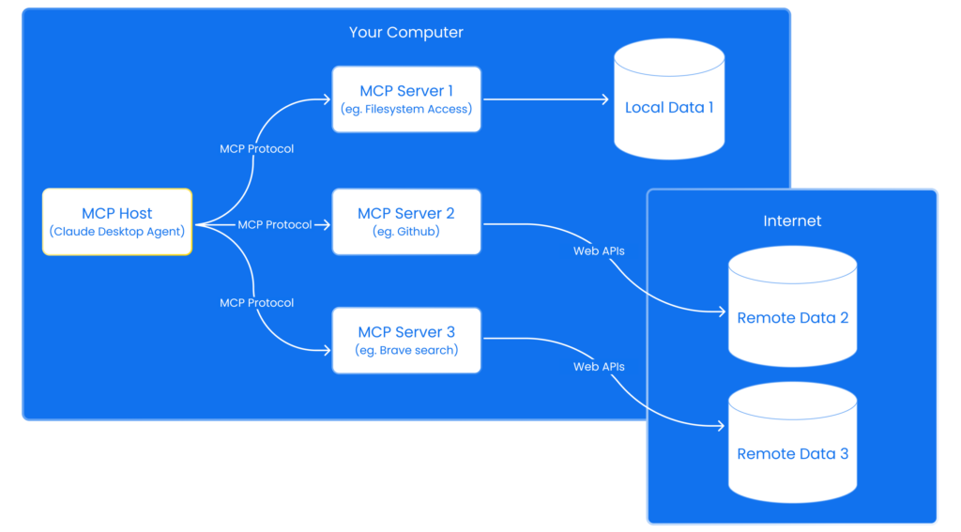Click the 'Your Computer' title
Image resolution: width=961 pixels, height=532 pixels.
click(x=406, y=32)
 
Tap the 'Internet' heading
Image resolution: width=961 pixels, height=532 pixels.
click(x=792, y=221)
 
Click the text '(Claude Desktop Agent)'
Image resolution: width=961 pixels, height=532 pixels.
click(x=116, y=232)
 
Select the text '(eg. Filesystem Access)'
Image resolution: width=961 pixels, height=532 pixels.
click(x=406, y=109)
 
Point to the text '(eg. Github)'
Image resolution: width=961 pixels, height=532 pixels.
click(x=406, y=231)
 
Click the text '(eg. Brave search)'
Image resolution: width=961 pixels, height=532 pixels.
click(x=406, y=350)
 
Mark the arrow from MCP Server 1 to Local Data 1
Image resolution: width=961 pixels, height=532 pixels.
click(x=544, y=99)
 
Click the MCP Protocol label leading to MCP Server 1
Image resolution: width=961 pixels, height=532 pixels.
click(x=256, y=149)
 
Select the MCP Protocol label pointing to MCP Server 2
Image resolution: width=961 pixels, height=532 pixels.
click(x=274, y=225)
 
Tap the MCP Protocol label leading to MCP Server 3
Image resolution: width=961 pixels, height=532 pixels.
click(x=256, y=303)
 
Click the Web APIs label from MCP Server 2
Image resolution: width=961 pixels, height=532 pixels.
click(x=599, y=251)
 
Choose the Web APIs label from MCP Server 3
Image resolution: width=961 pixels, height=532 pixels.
click(x=599, y=367)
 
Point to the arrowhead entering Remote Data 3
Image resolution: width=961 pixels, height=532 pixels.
click(x=720, y=425)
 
